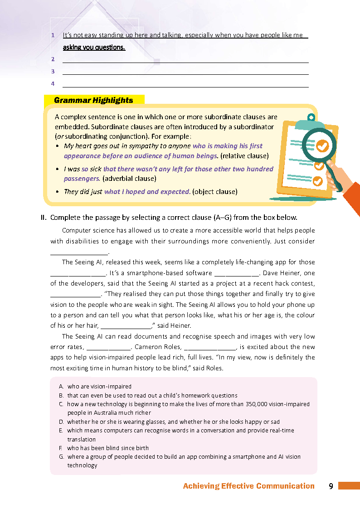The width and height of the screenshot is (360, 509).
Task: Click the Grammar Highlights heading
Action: [93, 100]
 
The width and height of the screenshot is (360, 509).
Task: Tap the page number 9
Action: [331, 486]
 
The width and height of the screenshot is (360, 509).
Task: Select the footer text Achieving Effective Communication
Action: [248, 486]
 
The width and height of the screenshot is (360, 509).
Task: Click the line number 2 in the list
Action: [53, 59]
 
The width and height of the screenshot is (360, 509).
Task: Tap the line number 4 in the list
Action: [53, 84]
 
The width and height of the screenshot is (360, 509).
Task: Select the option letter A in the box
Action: [61, 387]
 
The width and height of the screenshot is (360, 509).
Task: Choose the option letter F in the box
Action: [61, 448]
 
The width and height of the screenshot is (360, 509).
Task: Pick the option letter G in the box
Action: [61, 456]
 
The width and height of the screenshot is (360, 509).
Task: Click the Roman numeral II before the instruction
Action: [44, 217]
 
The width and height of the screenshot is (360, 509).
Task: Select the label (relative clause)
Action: [244, 156]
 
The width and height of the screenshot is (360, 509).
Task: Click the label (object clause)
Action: [214, 191]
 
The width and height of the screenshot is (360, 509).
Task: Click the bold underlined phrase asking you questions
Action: [94, 47]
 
